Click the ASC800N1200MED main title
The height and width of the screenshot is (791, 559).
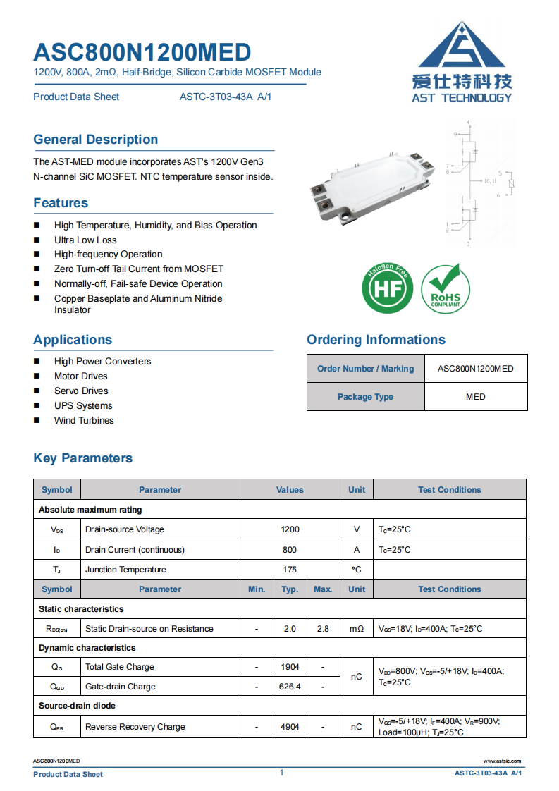(x=142, y=52)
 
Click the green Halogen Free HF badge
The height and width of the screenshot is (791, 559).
(x=387, y=288)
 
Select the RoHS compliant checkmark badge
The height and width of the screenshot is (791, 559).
(x=446, y=288)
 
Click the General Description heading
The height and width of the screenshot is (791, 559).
(x=95, y=140)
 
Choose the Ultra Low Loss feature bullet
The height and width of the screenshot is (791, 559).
(x=85, y=240)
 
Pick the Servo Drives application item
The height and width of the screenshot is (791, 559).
(x=81, y=391)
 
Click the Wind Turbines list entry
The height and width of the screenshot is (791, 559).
(x=84, y=420)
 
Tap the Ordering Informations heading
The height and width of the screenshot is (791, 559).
(x=376, y=340)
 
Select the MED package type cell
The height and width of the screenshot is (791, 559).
(x=476, y=397)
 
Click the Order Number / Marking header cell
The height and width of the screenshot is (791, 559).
(x=365, y=369)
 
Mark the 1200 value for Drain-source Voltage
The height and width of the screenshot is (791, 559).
(x=290, y=529)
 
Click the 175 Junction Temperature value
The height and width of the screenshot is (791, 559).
(x=290, y=570)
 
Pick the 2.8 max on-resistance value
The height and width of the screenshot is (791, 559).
(x=323, y=629)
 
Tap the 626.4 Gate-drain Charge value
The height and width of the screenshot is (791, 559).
(x=290, y=687)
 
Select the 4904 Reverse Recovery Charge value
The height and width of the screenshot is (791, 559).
(x=290, y=727)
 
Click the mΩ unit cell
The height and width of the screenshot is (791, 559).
(x=357, y=629)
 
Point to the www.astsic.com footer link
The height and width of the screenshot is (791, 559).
(x=502, y=761)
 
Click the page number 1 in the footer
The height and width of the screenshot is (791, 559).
(x=281, y=773)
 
